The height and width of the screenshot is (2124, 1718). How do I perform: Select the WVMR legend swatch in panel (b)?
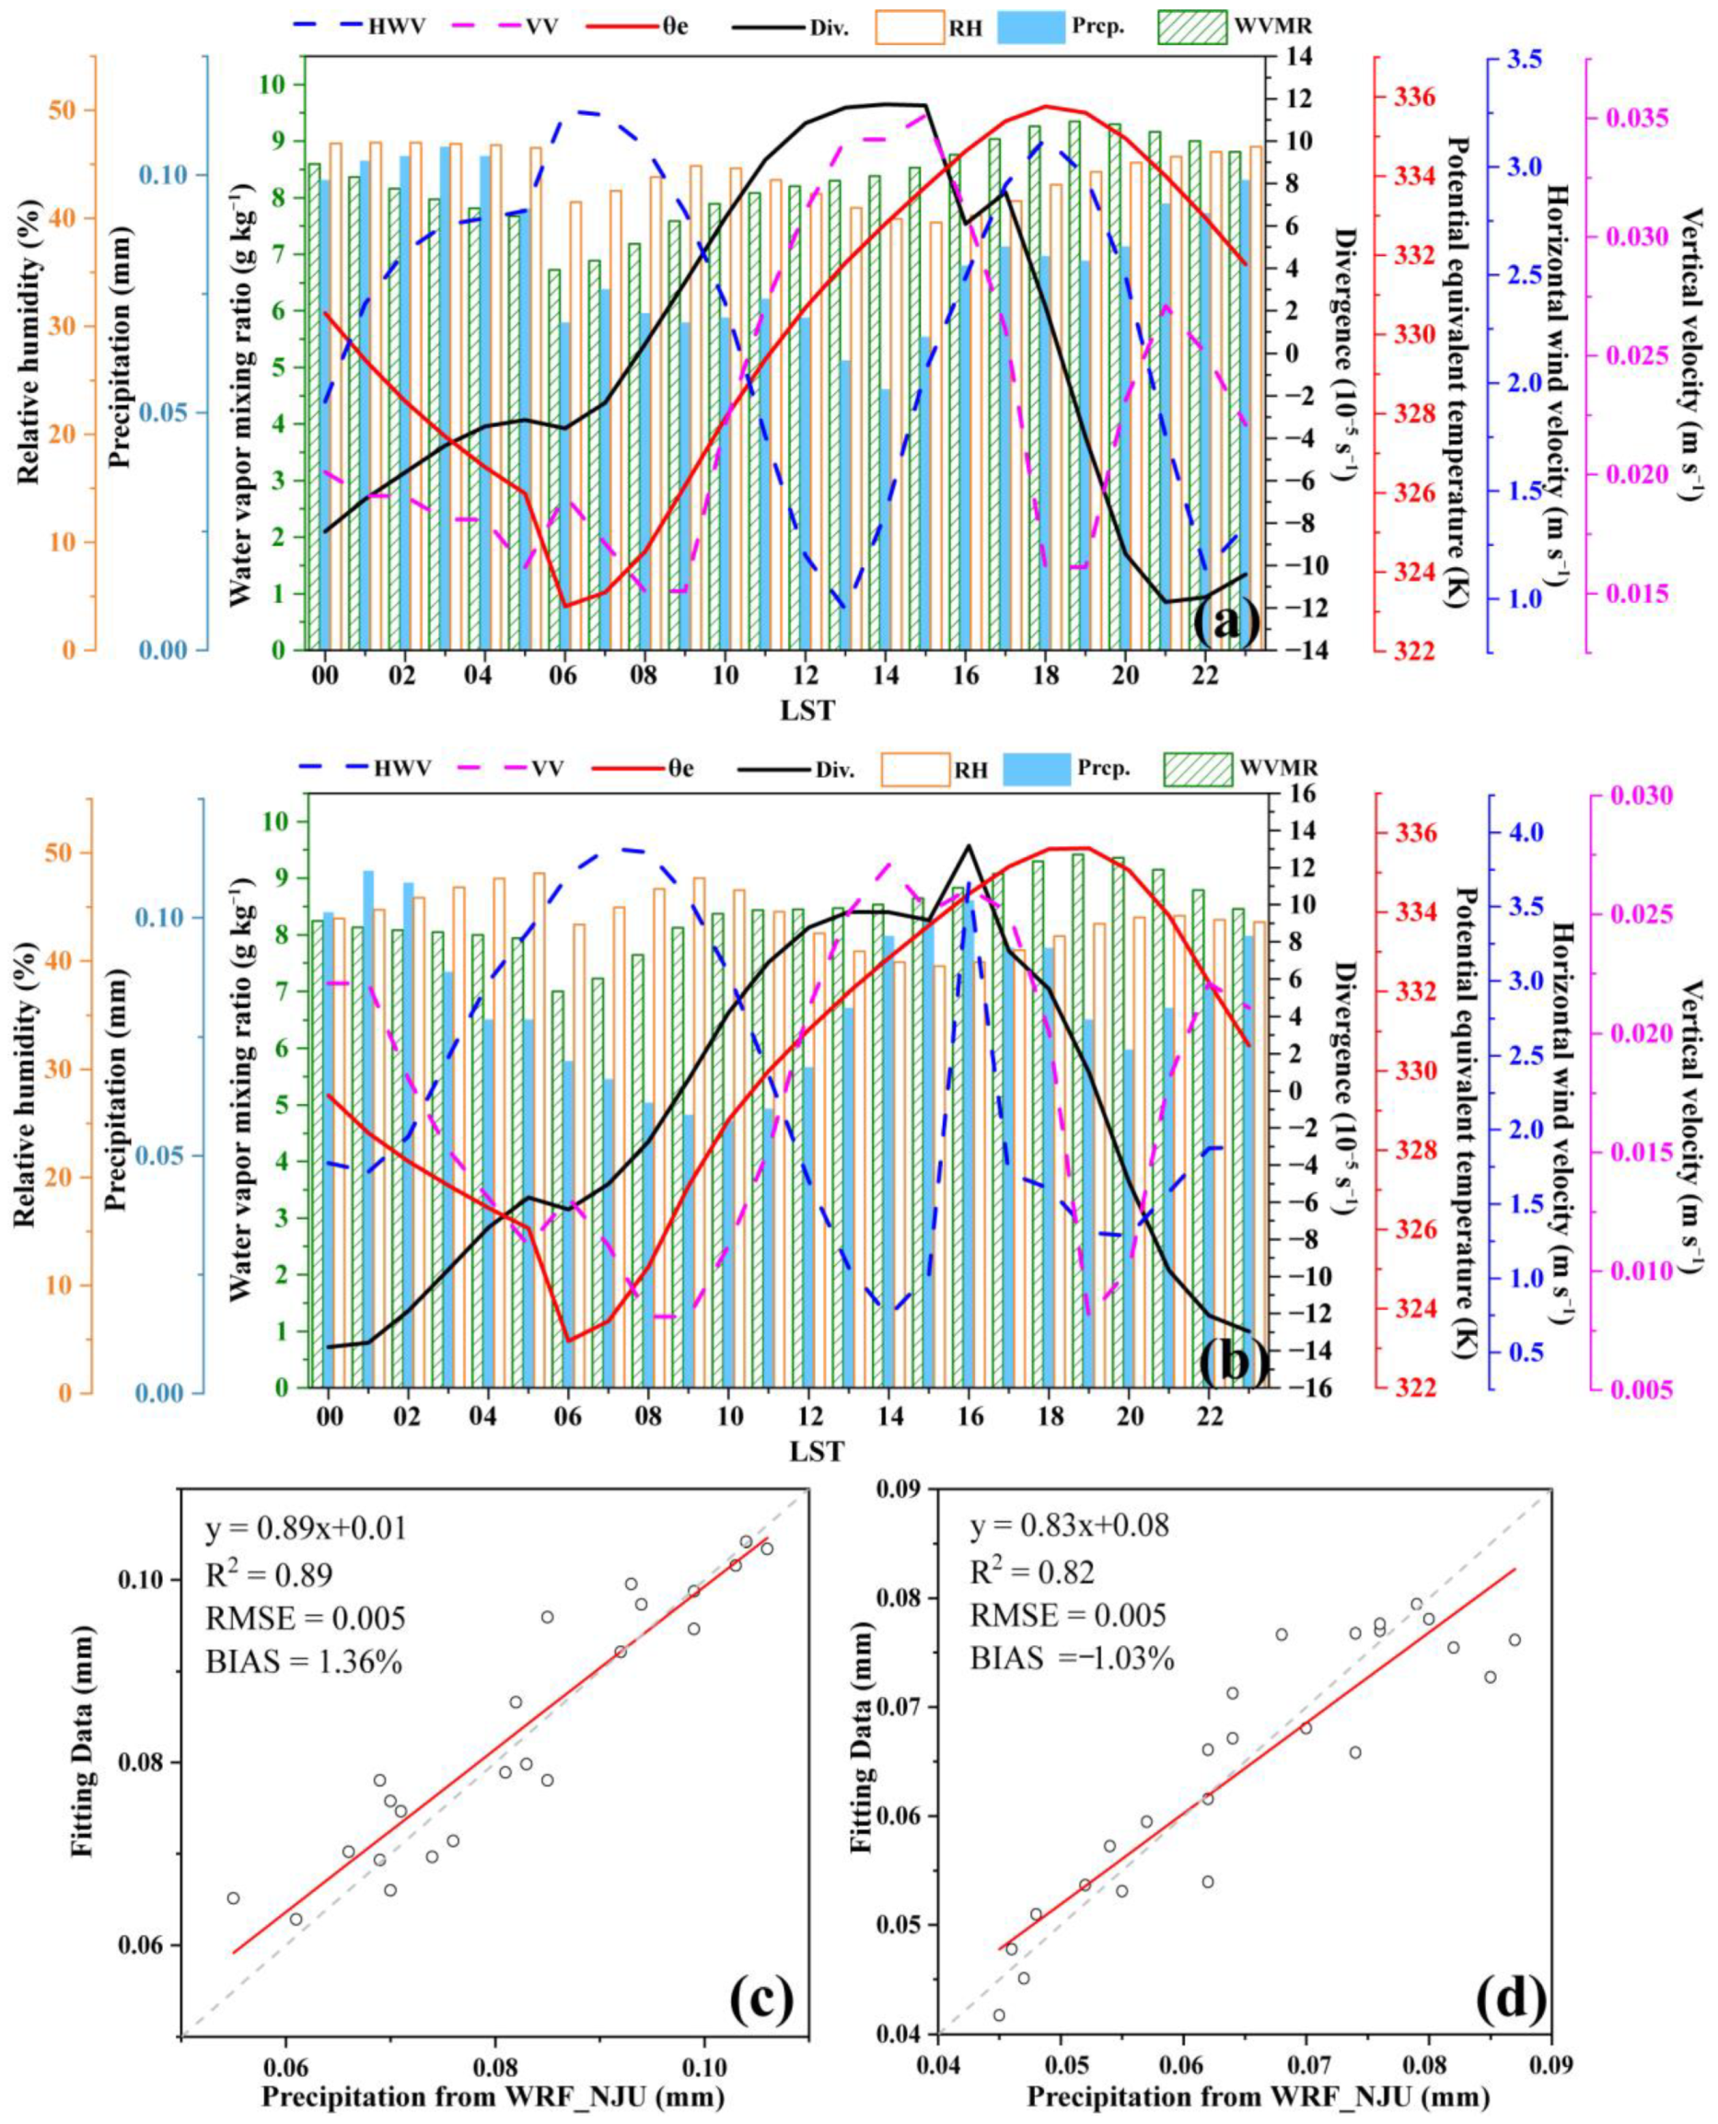1198,769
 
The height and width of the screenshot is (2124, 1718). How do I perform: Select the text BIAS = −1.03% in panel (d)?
1071,1658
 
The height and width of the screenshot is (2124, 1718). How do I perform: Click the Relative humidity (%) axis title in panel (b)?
26,1096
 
